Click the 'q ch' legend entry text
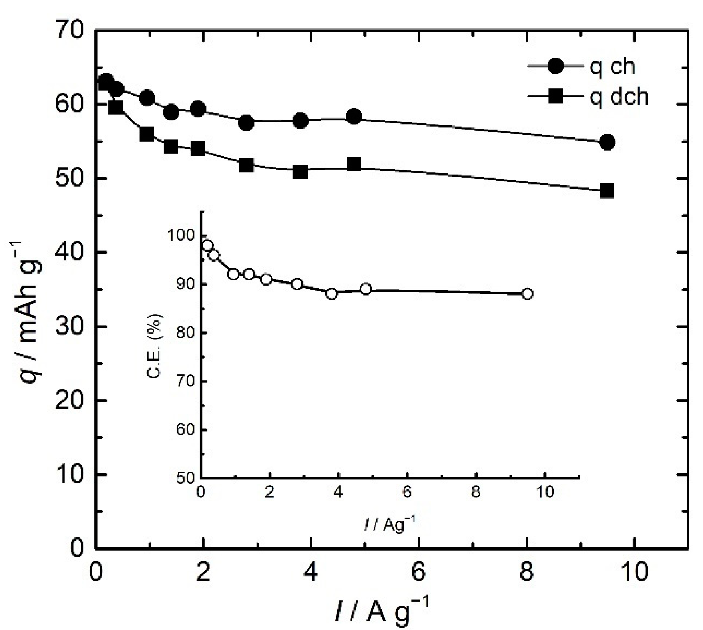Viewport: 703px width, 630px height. click(x=612, y=67)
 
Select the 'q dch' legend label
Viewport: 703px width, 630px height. click(x=619, y=97)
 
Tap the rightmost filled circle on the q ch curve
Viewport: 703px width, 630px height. click(x=607, y=142)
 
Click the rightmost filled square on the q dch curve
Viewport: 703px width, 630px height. click(x=607, y=191)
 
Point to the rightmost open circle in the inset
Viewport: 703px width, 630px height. click(x=527, y=294)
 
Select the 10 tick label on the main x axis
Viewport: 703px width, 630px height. click(x=635, y=572)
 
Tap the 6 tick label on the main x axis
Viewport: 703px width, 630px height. click(x=418, y=572)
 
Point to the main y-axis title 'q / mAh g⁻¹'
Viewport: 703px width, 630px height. click(x=32, y=312)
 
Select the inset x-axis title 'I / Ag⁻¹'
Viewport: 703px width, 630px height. click(x=390, y=524)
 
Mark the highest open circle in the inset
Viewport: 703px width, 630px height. click(x=207, y=245)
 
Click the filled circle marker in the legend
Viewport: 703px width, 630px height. click(x=555, y=67)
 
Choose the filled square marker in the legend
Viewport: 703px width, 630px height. click(x=555, y=97)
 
